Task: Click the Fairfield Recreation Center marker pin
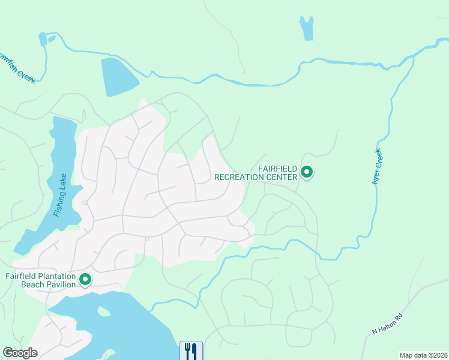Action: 307,173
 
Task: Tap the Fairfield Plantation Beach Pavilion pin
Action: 85,280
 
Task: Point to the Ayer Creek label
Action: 378,166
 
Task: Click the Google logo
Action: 20,353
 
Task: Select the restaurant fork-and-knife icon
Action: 191,351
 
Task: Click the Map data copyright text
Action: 423,355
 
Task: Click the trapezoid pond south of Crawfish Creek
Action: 119,76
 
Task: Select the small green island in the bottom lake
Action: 104,311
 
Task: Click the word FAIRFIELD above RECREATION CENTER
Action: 278,169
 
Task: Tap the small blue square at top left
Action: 43,39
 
